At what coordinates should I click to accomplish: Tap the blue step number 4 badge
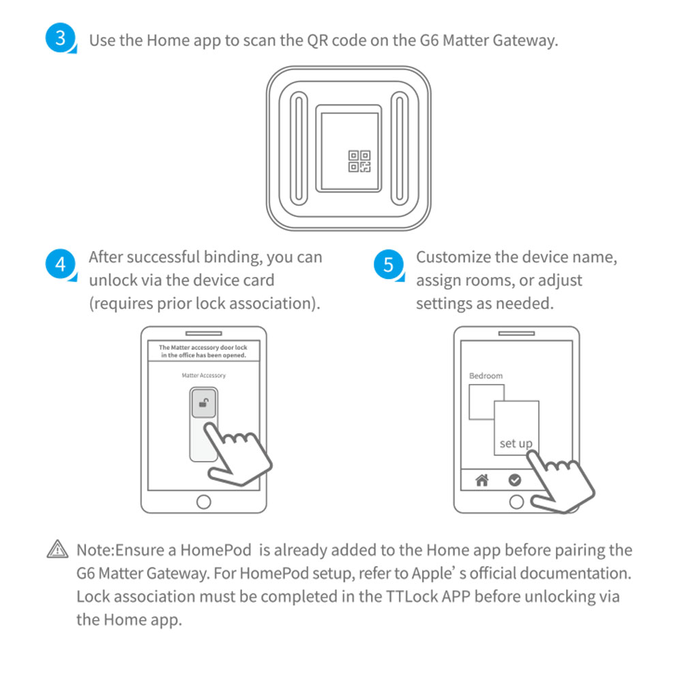pyautogui.click(x=59, y=264)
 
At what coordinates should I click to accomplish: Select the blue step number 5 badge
pyautogui.click(x=388, y=264)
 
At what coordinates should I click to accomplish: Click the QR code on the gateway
pyautogui.click(x=359, y=161)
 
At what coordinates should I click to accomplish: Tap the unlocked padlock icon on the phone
pyautogui.click(x=203, y=403)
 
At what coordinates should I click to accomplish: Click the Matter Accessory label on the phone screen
pyautogui.click(x=203, y=375)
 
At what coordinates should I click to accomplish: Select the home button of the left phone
pyautogui.click(x=203, y=502)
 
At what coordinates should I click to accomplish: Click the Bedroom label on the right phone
pyautogui.click(x=486, y=376)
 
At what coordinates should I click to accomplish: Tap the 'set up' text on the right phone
pyautogui.click(x=516, y=443)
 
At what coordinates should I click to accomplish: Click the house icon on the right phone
pyautogui.click(x=482, y=480)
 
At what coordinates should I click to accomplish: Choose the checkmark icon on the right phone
pyautogui.click(x=515, y=480)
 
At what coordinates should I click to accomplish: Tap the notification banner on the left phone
pyautogui.click(x=203, y=351)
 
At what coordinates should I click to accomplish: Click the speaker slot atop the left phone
pyautogui.click(x=203, y=333)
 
